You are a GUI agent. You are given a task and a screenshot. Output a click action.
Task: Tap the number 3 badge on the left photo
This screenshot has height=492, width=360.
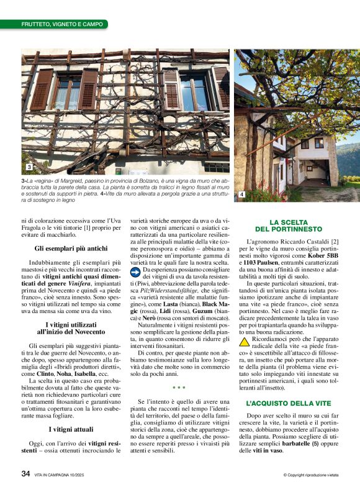pos(29,168)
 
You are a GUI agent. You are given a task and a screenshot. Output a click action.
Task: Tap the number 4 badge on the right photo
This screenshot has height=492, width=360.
pos(241,195)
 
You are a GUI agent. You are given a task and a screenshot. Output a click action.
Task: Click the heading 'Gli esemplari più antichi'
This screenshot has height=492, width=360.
pos(71,248)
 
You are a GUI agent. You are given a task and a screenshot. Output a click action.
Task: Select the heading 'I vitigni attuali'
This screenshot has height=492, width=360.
pos(71,429)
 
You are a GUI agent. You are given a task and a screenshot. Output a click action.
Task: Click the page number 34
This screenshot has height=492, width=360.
pos(26,473)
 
